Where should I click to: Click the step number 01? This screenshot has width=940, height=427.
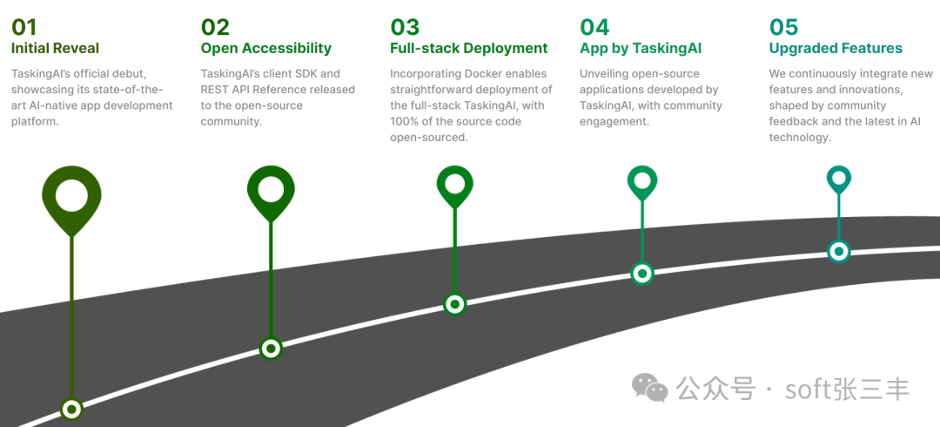24,28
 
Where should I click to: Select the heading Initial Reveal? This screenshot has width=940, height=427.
55,48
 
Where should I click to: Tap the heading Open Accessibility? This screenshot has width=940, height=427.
266,48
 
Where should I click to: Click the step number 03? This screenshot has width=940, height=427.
405,28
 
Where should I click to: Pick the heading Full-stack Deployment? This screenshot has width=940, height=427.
469,48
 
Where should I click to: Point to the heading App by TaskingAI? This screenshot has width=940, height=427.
641,48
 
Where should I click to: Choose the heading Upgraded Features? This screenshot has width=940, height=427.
836,48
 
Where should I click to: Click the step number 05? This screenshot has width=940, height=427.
783,28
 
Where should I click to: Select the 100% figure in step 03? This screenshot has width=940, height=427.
406,121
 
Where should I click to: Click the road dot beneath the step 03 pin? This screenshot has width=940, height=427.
455,304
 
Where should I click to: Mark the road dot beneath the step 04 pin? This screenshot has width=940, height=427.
642,274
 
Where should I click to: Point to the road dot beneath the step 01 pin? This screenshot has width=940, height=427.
72,410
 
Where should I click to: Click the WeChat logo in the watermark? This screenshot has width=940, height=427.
649,388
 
